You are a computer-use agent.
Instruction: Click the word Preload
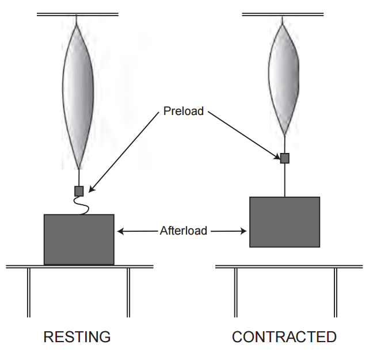tap(183, 111)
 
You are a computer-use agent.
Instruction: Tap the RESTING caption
tap(77, 337)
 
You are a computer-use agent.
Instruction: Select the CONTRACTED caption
tap(284, 337)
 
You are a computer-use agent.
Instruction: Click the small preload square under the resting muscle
tap(79, 191)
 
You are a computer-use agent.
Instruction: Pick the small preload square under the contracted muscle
tap(284, 158)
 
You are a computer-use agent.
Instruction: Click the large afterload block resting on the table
tap(79, 239)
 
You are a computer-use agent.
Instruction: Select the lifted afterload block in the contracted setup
tap(284, 222)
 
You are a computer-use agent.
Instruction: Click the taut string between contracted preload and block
tap(284, 180)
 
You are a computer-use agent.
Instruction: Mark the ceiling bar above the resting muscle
tap(78, 14)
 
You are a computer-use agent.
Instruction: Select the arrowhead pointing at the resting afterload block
tap(119, 231)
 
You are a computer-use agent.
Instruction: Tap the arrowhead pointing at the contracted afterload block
tap(245, 231)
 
